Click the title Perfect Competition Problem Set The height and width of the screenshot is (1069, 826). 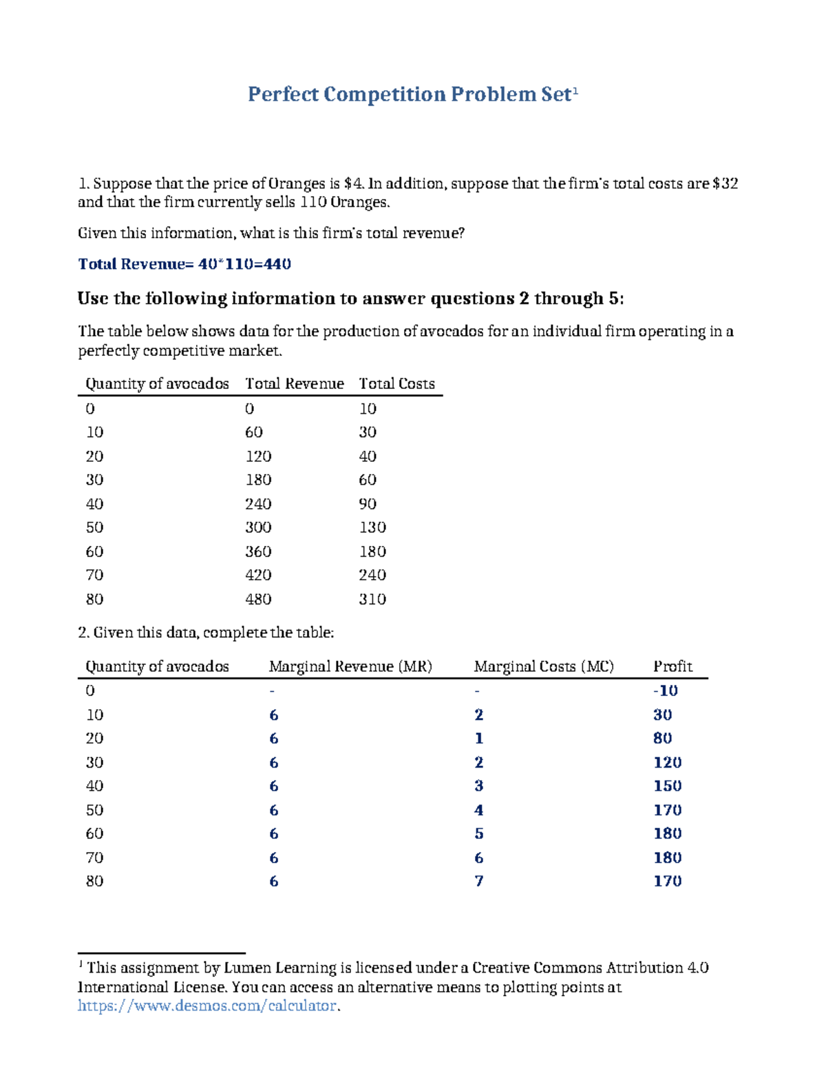click(x=410, y=94)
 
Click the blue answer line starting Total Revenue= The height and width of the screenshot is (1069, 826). click(x=184, y=264)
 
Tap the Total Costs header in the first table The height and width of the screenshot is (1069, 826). click(x=396, y=383)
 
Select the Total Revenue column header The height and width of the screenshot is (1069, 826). click(x=295, y=383)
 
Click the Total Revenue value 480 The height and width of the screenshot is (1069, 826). click(x=258, y=599)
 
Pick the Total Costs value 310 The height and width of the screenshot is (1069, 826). click(x=372, y=599)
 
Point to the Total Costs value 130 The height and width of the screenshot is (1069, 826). click(x=372, y=527)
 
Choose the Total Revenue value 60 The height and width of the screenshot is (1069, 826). click(x=253, y=432)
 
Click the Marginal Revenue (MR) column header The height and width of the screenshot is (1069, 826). click(x=350, y=666)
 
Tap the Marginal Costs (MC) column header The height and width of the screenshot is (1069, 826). click(x=544, y=666)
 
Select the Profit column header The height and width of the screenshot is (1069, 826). click(x=673, y=666)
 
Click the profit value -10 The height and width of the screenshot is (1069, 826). click(x=666, y=690)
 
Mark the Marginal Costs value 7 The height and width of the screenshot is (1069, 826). click(x=479, y=881)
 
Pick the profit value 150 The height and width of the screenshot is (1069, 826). click(x=667, y=786)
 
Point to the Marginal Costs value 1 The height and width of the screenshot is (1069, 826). click(x=479, y=739)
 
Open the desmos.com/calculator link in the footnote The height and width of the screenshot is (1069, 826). click(x=207, y=1006)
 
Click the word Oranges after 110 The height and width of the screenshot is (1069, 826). click(x=359, y=202)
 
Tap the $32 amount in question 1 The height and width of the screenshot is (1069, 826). click(x=726, y=184)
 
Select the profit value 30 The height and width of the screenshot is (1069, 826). click(x=662, y=715)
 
